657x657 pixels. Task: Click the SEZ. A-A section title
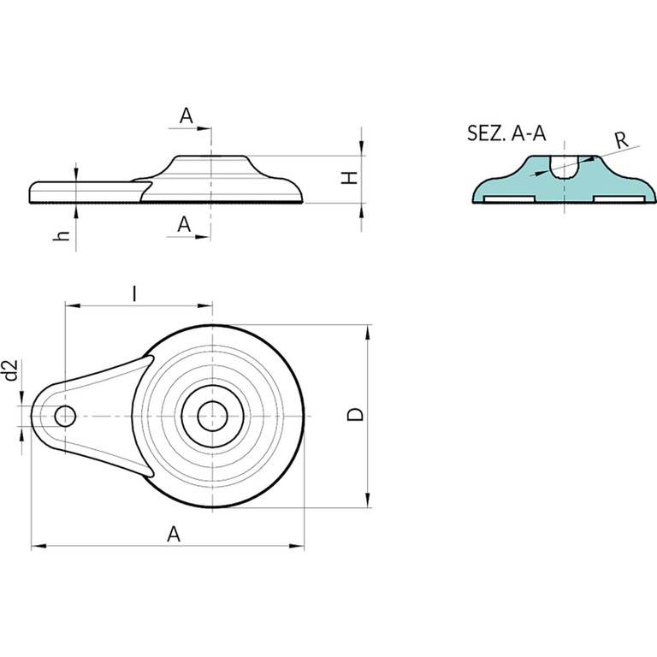[x=506, y=133]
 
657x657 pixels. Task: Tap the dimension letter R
[x=622, y=139]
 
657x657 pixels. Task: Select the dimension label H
[x=349, y=177]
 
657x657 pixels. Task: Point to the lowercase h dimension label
[x=62, y=235]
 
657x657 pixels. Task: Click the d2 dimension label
[x=12, y=370]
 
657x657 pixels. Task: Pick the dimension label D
[x=355, y=414]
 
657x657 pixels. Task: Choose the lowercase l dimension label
[x=133, y=293]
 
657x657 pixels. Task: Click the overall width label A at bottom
[x=174, y=534]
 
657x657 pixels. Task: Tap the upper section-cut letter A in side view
[x=186, y=115]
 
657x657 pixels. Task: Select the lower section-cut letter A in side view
[x=184, y=225]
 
